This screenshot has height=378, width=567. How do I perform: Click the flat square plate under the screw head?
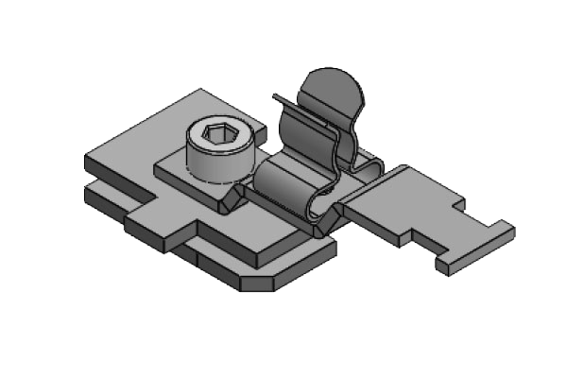(x=180, y=177)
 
